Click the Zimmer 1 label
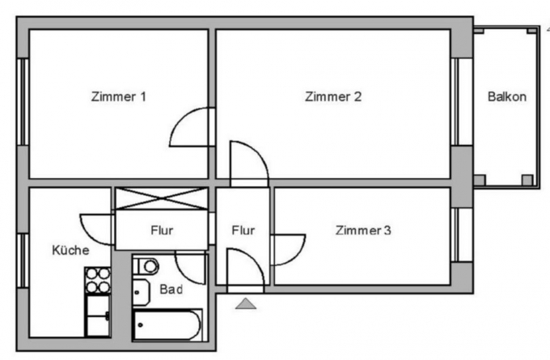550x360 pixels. click(119, 96)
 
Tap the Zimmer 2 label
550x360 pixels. click(333, 96)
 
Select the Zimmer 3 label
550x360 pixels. click(363, 231)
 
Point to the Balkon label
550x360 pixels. click(507, 96)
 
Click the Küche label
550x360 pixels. click(70, 250)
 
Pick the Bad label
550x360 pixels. click(171, 290)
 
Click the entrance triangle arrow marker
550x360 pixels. click(246, 303)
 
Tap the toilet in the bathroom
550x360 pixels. click(146, 266)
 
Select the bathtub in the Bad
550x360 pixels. click(167, 324)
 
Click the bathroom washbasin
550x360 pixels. click(141, 292)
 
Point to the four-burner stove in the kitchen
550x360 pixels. click(98, 281)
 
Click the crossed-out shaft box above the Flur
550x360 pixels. click(162, 198)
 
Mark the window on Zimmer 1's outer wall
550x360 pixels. click(23, 102)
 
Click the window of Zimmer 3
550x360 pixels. click(462, 235)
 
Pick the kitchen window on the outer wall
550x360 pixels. click(23, 260)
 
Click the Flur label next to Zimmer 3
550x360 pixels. click(243, 231)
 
